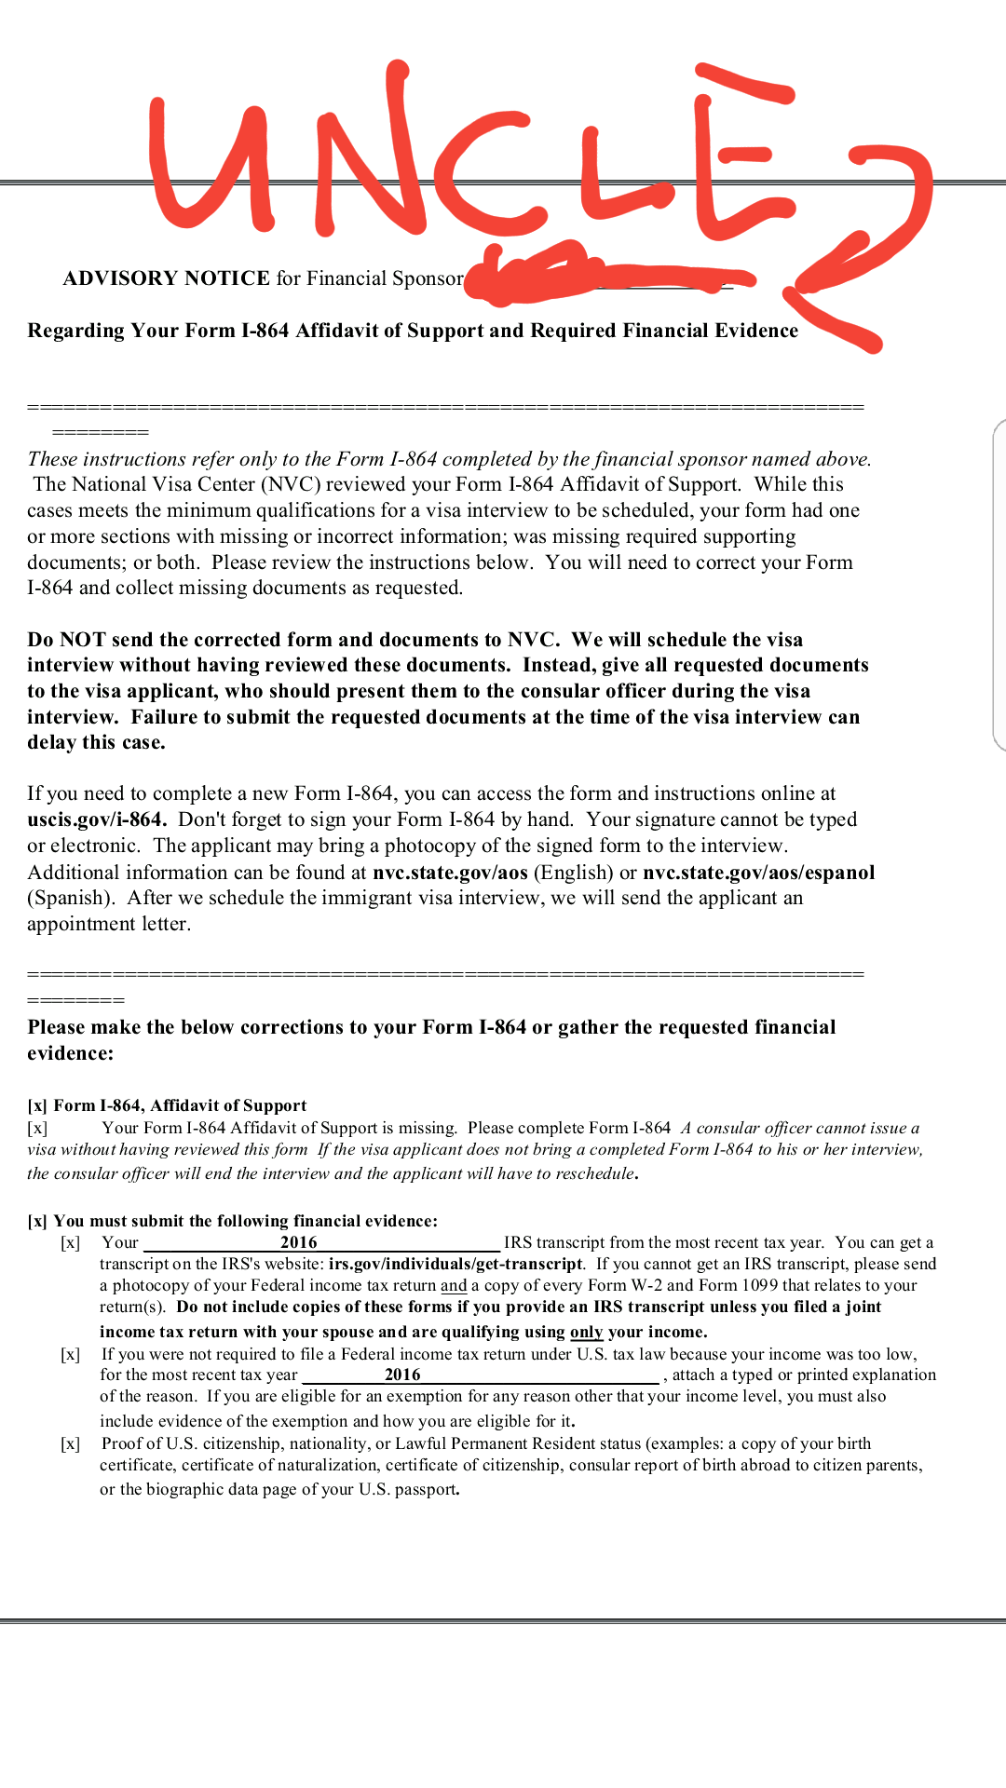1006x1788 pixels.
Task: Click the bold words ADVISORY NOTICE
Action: [x=166, y=278]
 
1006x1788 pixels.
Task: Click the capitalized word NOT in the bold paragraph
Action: [x=82, y=640]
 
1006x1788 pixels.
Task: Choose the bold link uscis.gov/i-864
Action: [x=96, y=819]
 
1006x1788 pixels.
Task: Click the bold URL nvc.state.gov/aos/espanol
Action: [x=758, y=873]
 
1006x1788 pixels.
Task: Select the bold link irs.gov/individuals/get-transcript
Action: [x=455, y=1264]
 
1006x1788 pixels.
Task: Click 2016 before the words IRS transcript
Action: [x=299, y=1242]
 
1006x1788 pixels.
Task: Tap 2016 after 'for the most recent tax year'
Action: [x=402, y=1375]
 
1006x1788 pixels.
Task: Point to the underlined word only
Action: [x=586, y=1332]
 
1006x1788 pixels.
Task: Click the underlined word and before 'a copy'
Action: [x=454, y=1285]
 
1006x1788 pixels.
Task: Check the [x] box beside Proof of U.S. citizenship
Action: [x=70, y=1443]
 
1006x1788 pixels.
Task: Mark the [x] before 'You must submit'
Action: [x=37, y=1221]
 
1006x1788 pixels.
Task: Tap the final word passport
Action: [x=427, y=1489]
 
